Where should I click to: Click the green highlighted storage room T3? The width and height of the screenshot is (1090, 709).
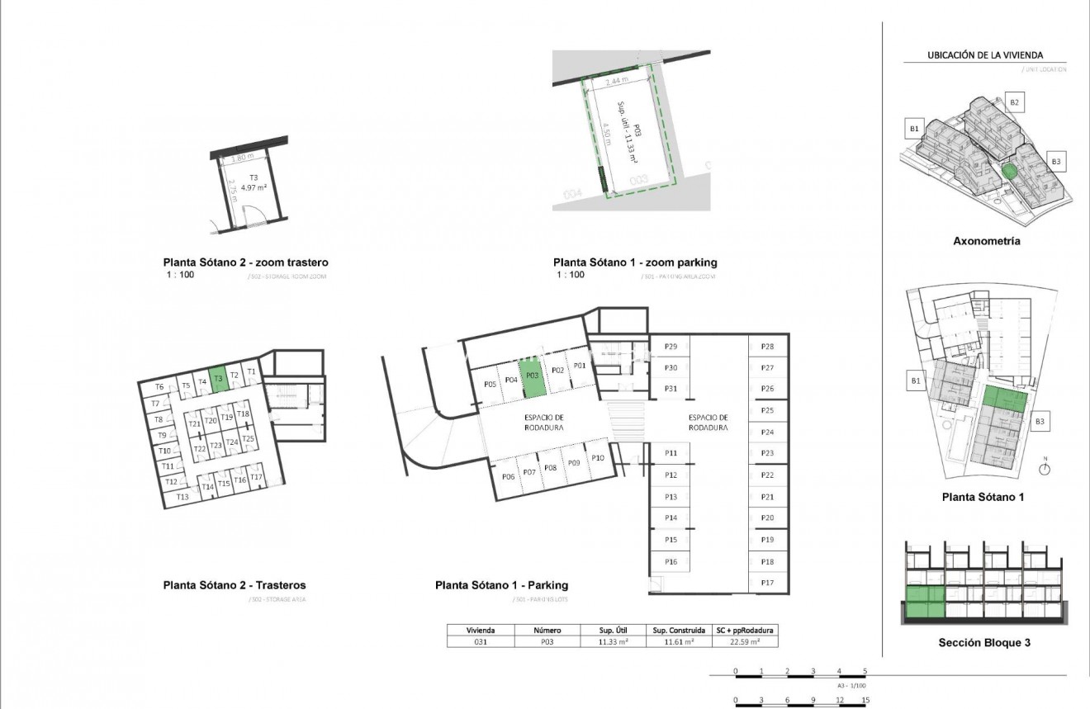coord(217,379)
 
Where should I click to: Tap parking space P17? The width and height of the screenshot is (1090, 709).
coord(767,583)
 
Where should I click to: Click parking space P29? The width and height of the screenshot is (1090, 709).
coord(671,347)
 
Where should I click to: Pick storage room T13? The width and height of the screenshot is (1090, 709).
coord(182,497)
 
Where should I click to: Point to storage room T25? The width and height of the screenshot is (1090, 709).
coord(249,439)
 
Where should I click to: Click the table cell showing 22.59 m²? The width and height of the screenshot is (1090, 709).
coord(743,640)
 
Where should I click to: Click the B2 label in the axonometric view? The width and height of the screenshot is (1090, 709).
coord(1015,102)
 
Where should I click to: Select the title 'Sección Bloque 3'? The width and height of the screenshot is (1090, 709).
coord(984,643)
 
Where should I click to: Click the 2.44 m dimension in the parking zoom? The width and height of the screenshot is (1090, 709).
coord(616,82)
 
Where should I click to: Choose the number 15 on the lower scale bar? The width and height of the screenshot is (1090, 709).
coord(865,701)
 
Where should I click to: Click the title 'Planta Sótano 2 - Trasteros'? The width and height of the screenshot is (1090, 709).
coord(235,585)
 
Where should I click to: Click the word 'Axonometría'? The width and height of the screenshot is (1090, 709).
coord(986,242)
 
